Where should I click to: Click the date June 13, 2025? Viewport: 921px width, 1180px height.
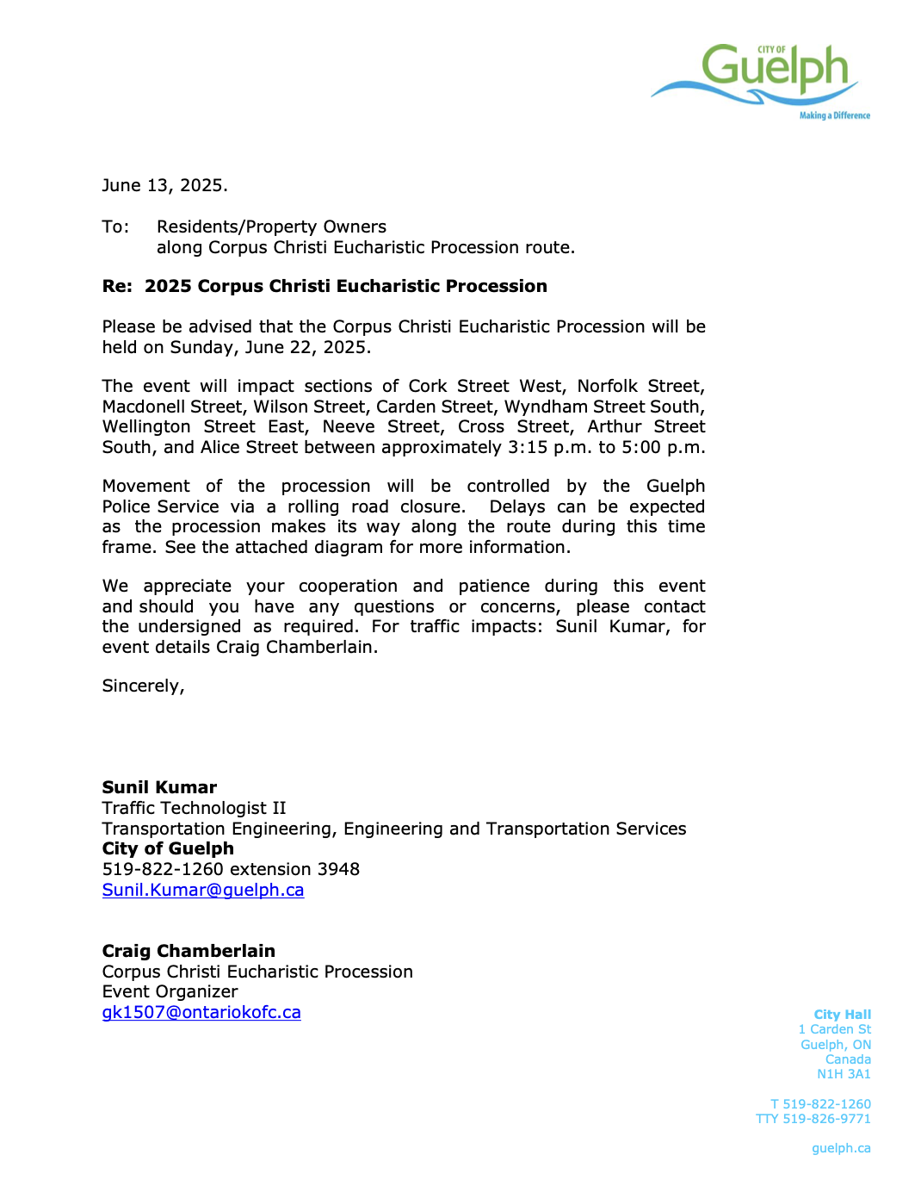click(164, 186)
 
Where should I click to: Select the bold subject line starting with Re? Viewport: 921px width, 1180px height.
click(325, 287)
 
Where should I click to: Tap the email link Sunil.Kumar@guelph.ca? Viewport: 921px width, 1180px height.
click(203, 891)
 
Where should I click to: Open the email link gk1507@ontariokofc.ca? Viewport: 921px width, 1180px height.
click(201, 1013)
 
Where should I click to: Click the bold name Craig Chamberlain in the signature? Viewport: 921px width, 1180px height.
click(189, 952)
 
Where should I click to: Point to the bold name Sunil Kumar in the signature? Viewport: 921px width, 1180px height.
click(159, 788)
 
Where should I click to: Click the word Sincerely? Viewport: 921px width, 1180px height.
click(142, 686)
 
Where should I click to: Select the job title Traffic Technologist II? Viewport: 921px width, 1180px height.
click(194, 809)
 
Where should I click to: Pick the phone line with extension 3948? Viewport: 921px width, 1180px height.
click(231, 870)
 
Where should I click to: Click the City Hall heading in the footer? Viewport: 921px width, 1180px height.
click(842, 1015)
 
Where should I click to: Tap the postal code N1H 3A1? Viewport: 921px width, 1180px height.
click(844, 1075)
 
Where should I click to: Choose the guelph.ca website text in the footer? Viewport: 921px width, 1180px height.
click(841, 1149)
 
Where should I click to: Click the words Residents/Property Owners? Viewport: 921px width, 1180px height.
click(271, 227)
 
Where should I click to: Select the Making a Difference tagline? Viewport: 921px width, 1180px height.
click(834, 115)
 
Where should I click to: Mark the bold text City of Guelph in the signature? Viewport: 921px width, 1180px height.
click(168, 849)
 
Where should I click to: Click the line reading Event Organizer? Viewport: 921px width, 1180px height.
click(170, 992)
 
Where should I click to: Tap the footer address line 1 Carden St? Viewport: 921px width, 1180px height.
click(834, 1030)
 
